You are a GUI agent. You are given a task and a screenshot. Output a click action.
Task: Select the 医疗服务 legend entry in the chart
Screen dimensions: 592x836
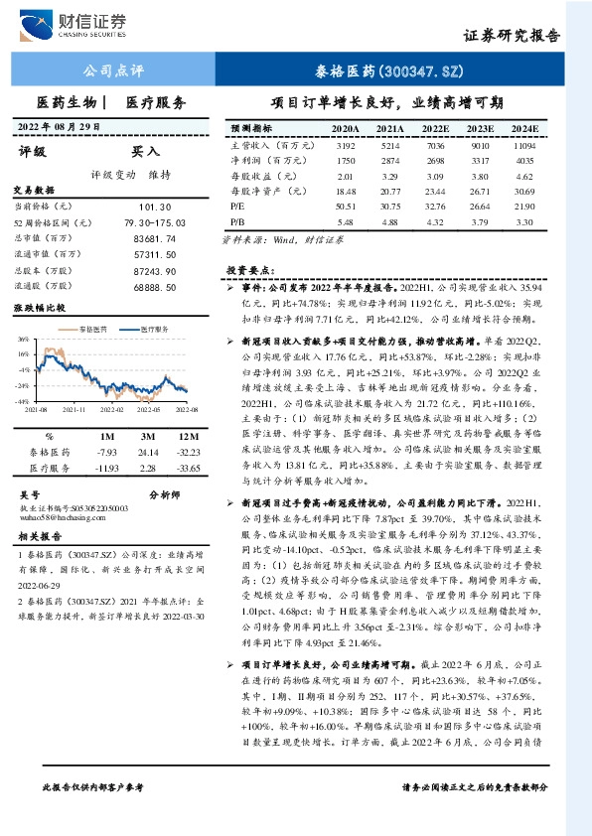click(x=149, y=328)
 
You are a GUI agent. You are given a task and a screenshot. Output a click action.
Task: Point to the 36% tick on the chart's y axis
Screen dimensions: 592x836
click(x=23, y=339)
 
